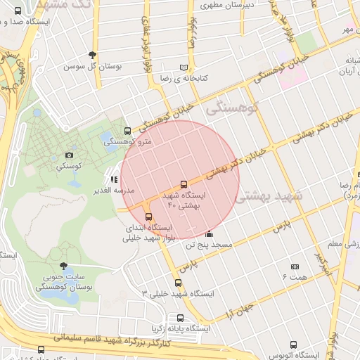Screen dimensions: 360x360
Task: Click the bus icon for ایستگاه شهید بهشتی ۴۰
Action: pyautogui.click(x=184, y=184)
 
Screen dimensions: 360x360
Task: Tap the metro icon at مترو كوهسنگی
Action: pyautogui.click(x=127, y=131)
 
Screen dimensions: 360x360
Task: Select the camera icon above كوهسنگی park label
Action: pyautogui.click(x=69, y=155)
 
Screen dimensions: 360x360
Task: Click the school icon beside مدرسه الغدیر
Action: pyautogui.click(x=114, y=179)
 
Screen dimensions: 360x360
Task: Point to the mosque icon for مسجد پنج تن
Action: pyautogui.click(x=209, y=234)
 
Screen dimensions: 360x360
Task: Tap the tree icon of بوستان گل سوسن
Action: pyautogui.click(x=92, y=56)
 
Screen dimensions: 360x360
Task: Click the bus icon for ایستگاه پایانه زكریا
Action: pyautogui.click(x=181, y=318)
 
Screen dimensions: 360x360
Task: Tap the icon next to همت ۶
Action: pyautogui.click(x=295, y=267)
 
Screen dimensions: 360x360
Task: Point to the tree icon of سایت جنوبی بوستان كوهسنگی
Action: pyautogui.click(x=65, y=266)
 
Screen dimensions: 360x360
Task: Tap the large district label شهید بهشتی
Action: pyautogui.click(x=270, y=198)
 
